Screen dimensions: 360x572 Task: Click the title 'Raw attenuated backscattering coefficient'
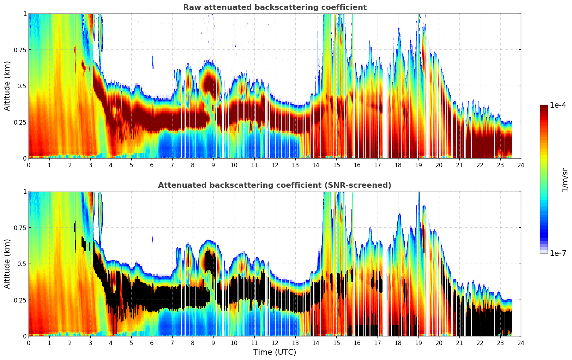click(x=275, y=7)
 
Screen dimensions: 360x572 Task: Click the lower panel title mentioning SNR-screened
click(x=275, y=185)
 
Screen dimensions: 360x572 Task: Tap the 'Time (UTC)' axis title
click(x=275, y=352)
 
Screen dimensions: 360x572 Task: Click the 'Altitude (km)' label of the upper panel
click(x=7, y=86)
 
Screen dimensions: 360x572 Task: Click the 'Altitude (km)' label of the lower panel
click(x=7, y=264)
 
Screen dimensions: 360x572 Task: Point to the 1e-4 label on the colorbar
click(x=558, y=105)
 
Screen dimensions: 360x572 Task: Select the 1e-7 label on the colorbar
click(x=558, y=253)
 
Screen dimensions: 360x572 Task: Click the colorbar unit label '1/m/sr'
click(x=565, y=180)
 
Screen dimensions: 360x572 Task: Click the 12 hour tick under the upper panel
click(x=275, y=165)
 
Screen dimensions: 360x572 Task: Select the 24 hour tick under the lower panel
click(x=521, y=343)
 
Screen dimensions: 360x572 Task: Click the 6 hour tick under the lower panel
click(x=152, y=343)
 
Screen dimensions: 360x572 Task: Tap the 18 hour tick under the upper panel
click(x=398, y=165)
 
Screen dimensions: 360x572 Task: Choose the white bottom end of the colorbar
click(x=544, y=251)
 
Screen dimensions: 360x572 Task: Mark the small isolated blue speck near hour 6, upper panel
click(x=152, y=62)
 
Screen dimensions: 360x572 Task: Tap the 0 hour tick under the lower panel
click(x=29, y=343)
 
